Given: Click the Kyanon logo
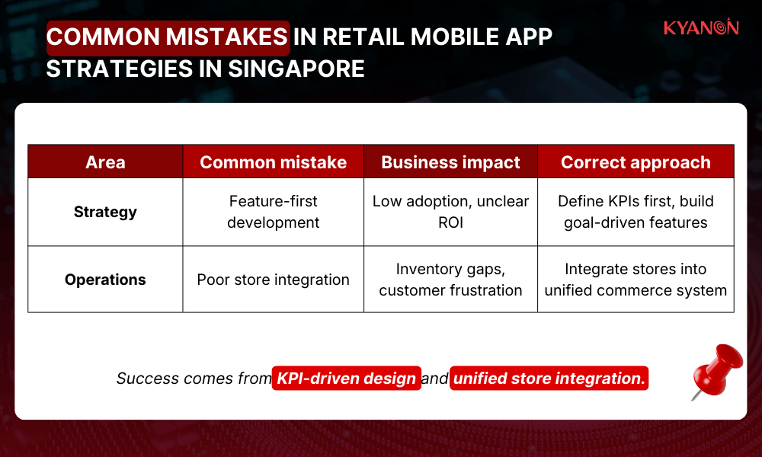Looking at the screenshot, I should point(700,28).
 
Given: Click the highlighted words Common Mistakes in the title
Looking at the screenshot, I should point(168,37).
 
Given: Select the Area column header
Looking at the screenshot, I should point(105,162).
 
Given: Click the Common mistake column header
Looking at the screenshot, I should point(273,162).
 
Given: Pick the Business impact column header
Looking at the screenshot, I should point(450,162).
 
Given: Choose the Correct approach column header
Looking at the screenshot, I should point(636,162).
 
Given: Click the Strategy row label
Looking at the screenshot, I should point(105,212).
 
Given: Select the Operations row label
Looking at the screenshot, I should point(105,280).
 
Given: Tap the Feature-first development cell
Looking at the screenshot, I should point(273,212).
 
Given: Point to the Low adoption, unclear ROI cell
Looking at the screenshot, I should point(450,212).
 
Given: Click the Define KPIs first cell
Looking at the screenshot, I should point(636,212).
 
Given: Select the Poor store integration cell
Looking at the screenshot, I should point(273,280).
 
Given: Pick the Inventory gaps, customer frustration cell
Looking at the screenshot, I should point(450,280).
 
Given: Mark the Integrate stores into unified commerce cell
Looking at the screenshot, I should point(636,280).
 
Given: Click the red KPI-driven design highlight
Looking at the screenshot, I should point(347,379).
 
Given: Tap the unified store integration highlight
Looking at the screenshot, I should point(549,379).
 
